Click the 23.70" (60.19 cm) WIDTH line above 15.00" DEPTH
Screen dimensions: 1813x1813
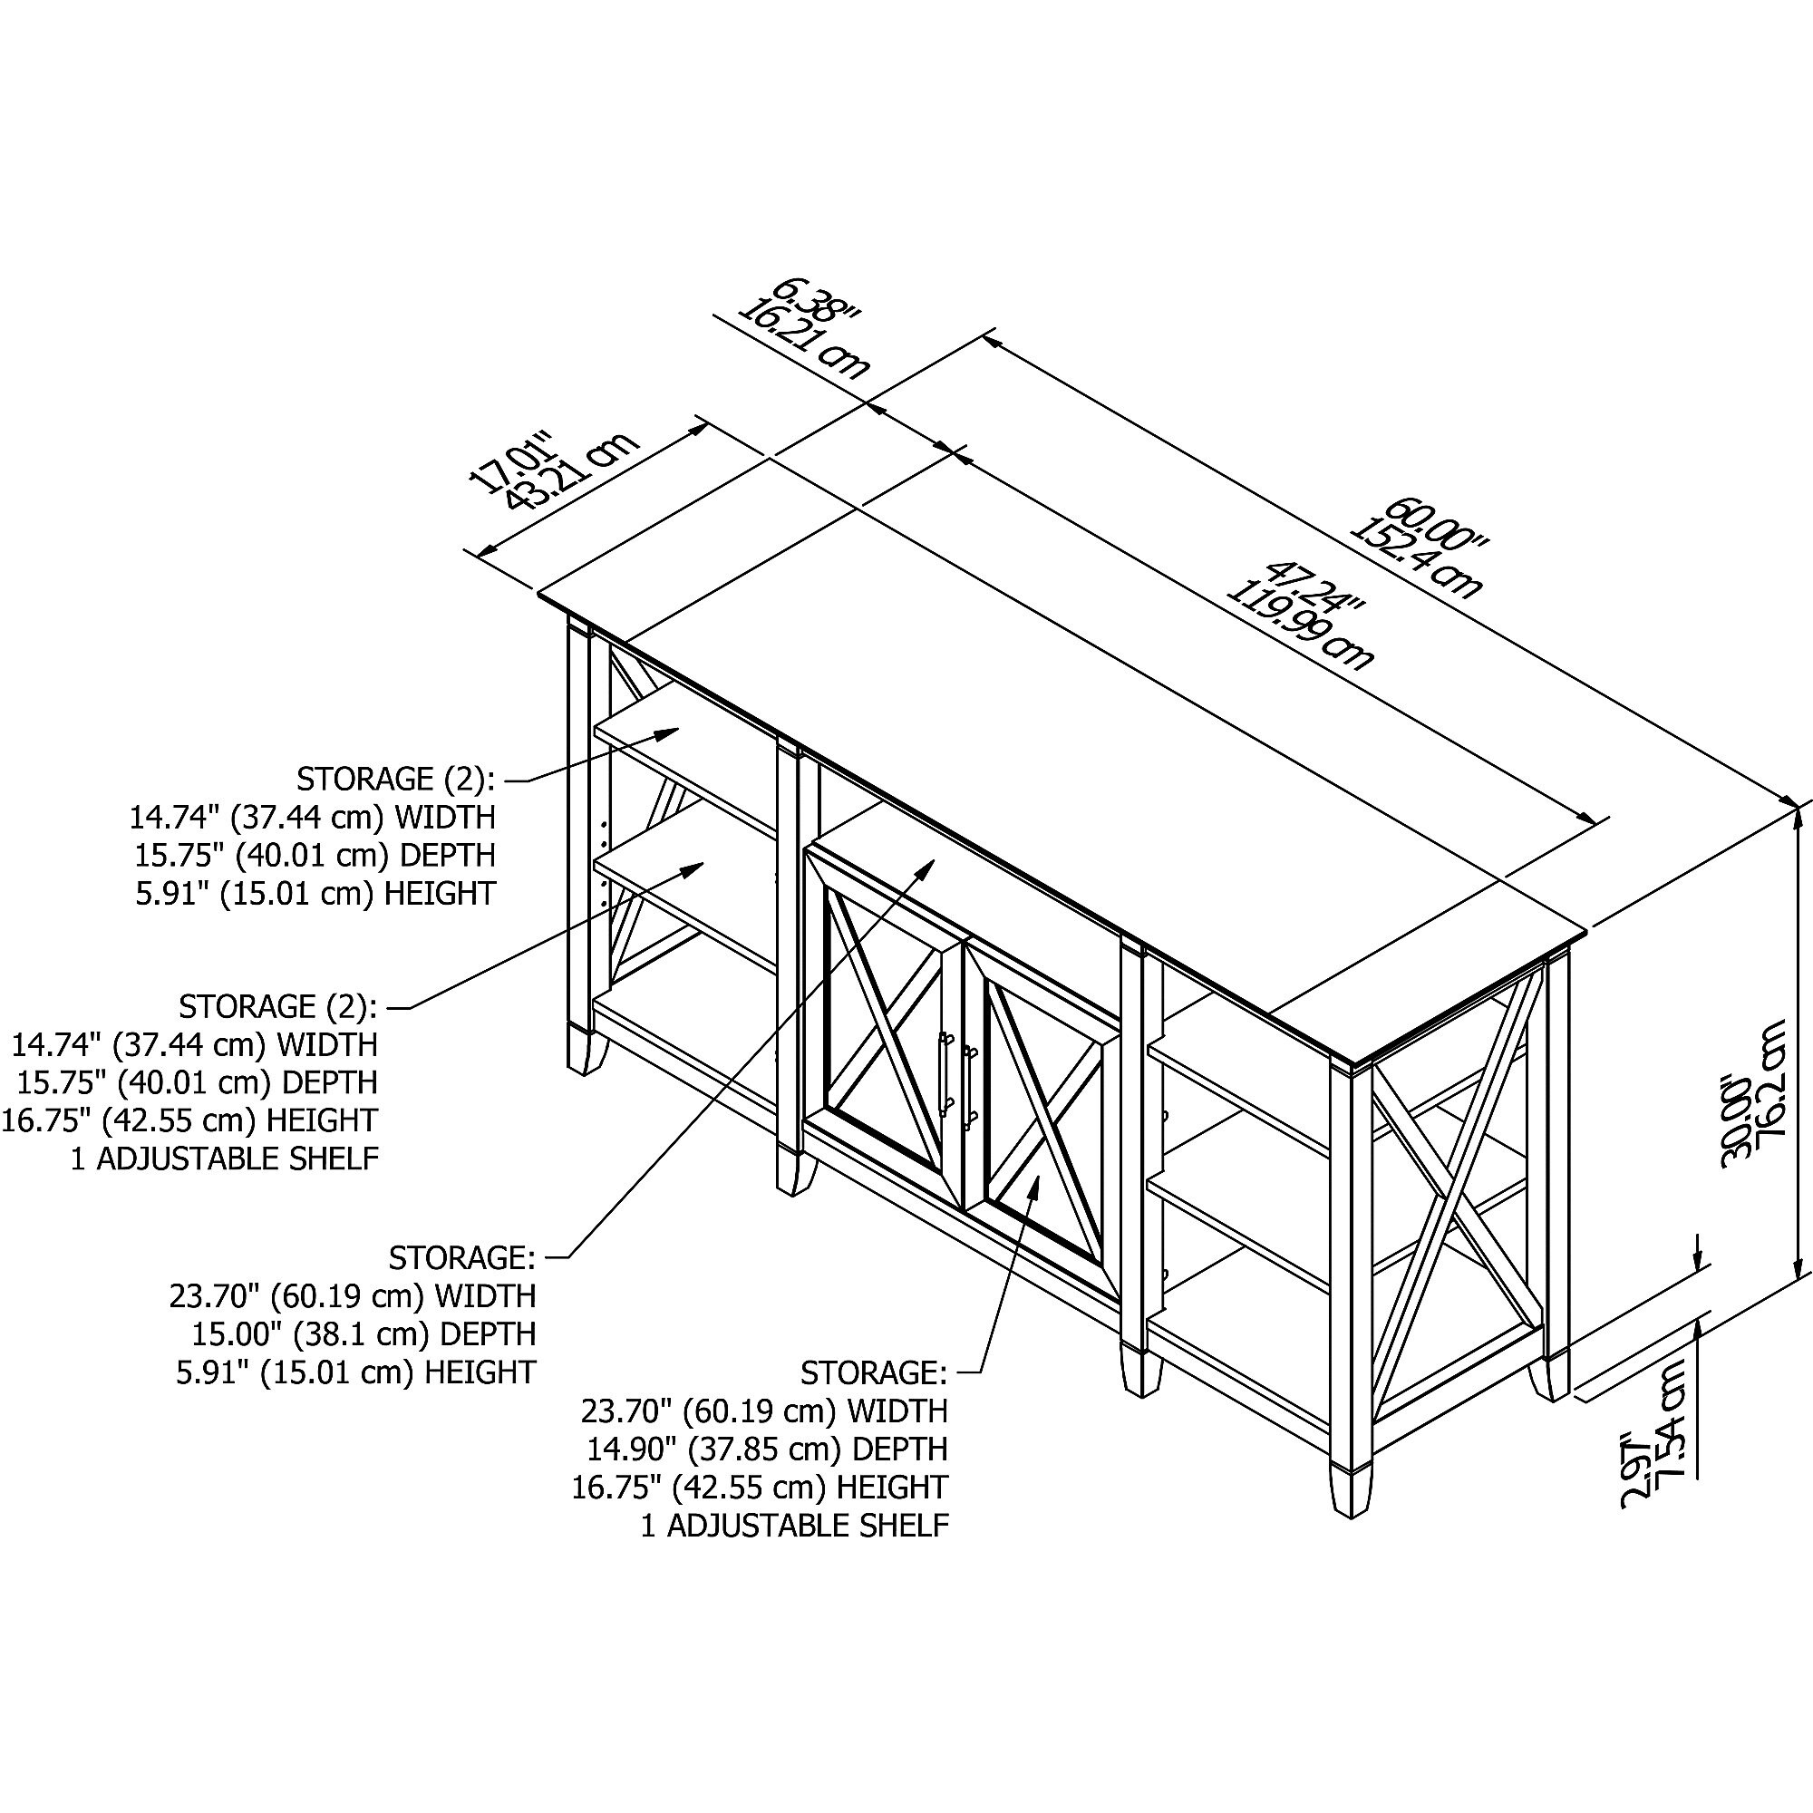click(x=352, y=1296)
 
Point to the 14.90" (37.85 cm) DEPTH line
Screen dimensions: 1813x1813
click(x=767, y=1449)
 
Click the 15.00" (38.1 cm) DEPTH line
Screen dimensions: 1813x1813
click(x=364, y=1333)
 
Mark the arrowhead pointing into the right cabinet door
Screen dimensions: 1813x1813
click(x=1034, y=1185)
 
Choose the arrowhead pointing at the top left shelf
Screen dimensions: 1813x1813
click(x=667, y=732)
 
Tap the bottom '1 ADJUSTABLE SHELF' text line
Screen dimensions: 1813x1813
click(x=795, y=1526)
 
